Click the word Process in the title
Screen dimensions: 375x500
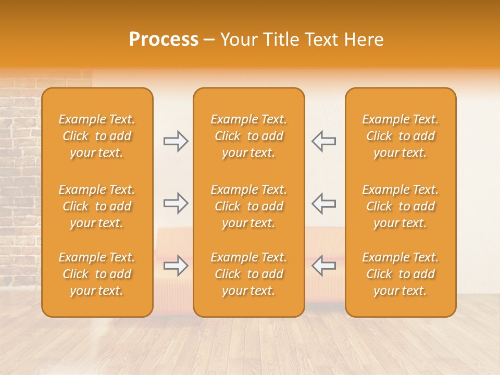click(164, 40)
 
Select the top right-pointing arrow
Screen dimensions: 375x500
click(176, 141)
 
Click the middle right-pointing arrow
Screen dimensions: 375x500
click(176, 203)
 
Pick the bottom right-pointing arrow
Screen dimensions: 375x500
click(176, 266)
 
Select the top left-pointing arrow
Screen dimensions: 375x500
click(323, 141)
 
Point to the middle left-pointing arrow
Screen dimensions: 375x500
click(323, 203)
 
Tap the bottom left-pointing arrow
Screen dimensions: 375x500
click(323, 266)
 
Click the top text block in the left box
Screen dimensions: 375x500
click(97, 136)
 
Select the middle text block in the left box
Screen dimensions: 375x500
click(97, 206)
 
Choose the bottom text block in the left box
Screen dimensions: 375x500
click(97, 274)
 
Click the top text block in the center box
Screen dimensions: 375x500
click(248, 136)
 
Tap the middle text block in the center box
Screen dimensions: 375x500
click(248, 206)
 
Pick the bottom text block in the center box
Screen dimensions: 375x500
click(248, 274)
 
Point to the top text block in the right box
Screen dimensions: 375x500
click(401, 136)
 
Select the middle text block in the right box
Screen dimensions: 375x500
click(401, 206)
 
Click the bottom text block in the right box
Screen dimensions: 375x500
click(401, 274)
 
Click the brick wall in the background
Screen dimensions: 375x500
click(21, 156)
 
